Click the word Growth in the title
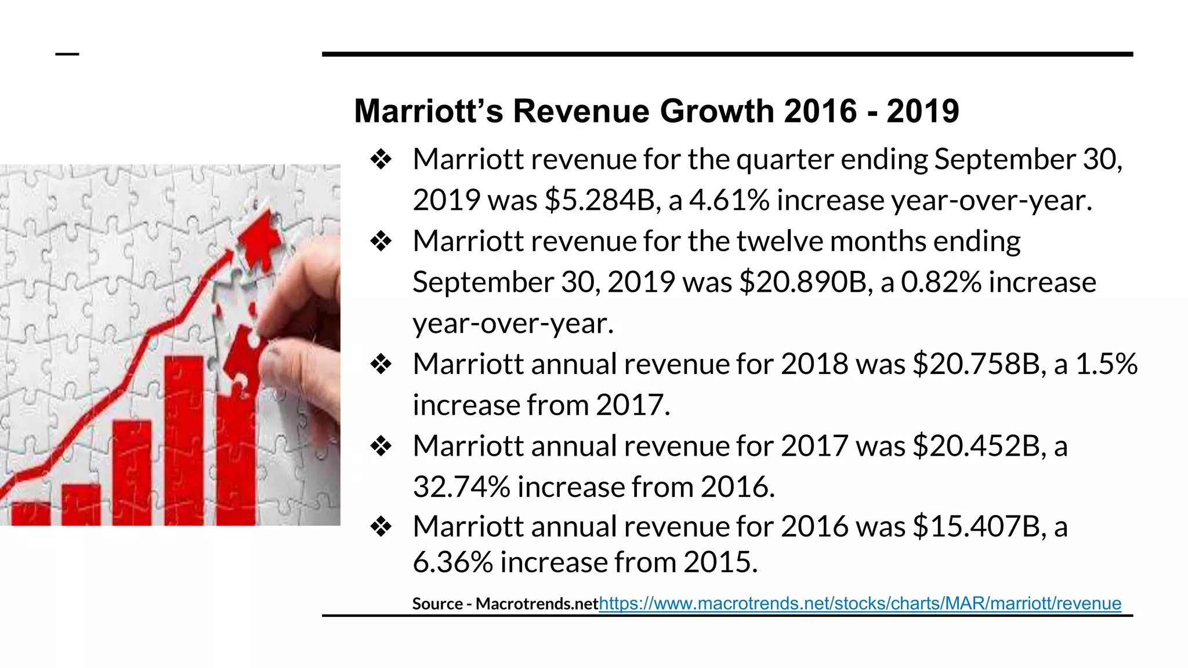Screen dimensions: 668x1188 [716, 111]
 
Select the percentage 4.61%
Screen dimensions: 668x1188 [729, 200]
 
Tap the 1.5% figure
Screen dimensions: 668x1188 [1106, 364]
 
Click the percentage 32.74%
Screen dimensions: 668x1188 [461, 487]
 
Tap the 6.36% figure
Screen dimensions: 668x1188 [452, 562]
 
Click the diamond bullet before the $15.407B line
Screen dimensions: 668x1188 [381, 527]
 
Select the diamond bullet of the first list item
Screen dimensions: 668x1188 [381, 159]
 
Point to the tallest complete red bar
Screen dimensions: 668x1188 [184, 441]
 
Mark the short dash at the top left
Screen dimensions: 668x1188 [67, 55]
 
